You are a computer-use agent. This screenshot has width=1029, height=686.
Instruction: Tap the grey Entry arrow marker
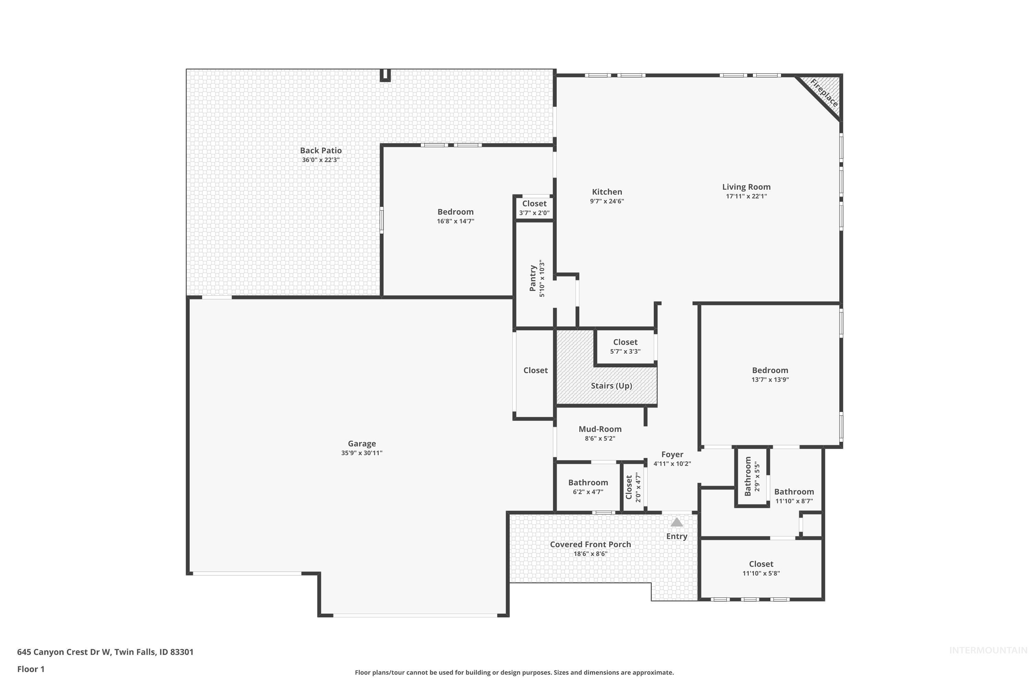(x=676, y=522)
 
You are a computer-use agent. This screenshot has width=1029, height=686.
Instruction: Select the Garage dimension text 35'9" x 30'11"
(x=362, y=453)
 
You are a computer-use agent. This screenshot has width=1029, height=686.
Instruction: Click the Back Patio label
(x=321, y=151)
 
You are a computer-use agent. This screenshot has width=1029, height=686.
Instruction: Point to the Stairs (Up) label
(x=611, y=386)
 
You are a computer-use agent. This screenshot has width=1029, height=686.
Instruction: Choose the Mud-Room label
(x=600, y=429)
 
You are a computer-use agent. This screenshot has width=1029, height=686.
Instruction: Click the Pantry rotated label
(x=533, y=278)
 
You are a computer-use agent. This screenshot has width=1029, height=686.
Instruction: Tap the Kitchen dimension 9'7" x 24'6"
(x=607, y=201)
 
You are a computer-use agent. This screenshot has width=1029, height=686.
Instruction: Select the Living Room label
(x=746, y=187)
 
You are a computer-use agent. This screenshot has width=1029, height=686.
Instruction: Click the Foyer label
(x=672, y=454)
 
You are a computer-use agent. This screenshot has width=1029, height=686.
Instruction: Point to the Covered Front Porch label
(x=590, y=544)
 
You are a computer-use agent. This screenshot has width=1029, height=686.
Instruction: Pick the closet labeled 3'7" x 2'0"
(x=534, y=208)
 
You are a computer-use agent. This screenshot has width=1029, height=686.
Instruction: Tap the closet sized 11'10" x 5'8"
(x=761, y=568)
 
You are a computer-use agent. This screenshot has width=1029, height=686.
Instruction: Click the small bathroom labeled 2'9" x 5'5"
(x=752, y=476)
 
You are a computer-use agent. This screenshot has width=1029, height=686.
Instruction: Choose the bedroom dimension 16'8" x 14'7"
(x=456, y=221)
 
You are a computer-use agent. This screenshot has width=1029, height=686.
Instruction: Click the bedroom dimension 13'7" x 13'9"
(x=770, y=380)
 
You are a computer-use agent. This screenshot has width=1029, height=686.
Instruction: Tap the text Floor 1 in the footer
(x=31, y=669)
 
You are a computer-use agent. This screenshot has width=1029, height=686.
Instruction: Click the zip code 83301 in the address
(x=181, y=652)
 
